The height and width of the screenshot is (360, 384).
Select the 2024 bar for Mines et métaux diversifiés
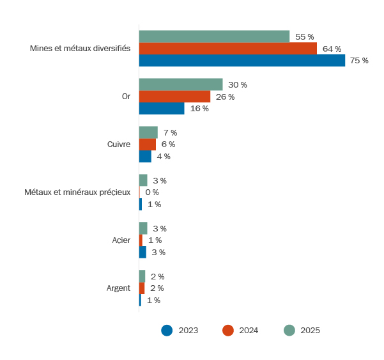(x=227, y=49)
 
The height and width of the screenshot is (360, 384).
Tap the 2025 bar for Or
(x=181, y=84)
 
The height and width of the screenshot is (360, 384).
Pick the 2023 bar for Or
(x=162, y=109)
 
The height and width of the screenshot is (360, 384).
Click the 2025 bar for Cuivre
(x=148, y=132)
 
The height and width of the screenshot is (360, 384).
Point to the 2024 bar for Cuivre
(x=148, y=145)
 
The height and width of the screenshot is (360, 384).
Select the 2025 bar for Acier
(x=143, y=228)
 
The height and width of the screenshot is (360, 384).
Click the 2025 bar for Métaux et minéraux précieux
(x=143, y=180)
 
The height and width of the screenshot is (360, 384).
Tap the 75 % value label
(x=359, y=61)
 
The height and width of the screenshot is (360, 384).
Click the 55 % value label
(x=304, y=37)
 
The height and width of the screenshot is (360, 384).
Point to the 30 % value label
(x=238, y=85)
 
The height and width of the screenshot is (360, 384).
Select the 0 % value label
(x=152, y=192)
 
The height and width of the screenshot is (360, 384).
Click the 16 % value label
(x=199, y=109)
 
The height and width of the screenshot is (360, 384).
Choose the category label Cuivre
(x=119, y=145)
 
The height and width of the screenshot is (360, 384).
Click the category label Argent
(x=118, y=288)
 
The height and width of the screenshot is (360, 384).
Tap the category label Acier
(x=121, y=240)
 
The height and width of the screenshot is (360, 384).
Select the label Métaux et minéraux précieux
(x=77, y=192)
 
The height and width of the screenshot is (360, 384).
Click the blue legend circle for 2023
(x=167, y=331)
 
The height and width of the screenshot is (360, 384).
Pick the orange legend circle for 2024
(x=228, y=331)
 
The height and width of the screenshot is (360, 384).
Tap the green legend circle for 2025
(x=289, y=331)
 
